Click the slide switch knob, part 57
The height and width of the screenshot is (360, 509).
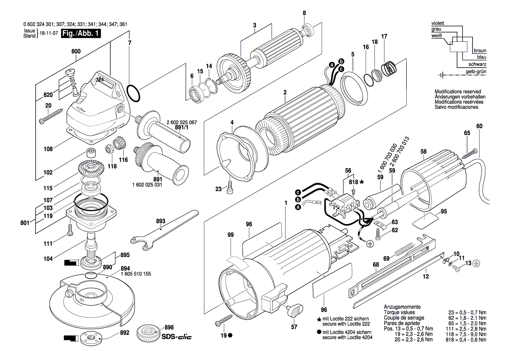295,311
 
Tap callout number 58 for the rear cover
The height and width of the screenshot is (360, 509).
423,152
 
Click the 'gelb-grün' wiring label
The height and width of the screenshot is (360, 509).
476,71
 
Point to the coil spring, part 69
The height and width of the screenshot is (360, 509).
405,251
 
